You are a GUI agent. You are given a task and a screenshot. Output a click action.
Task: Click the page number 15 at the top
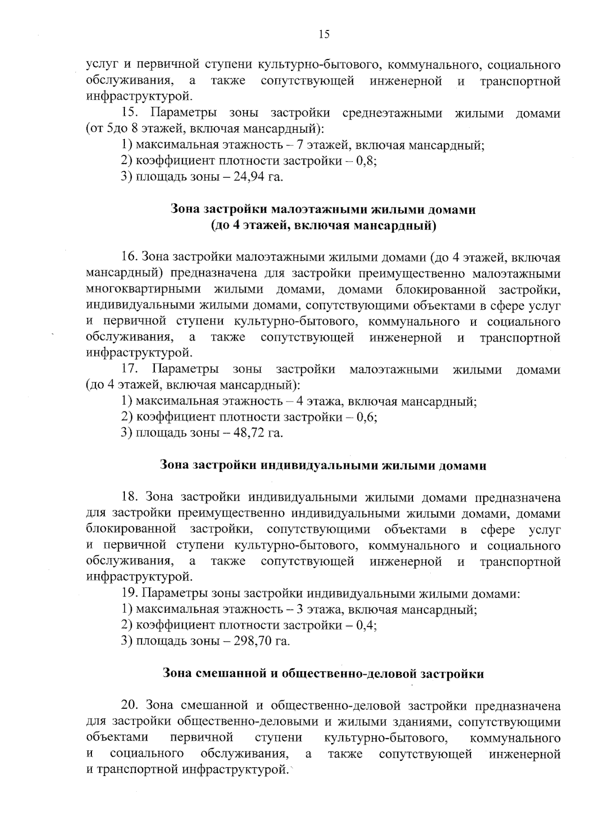324,34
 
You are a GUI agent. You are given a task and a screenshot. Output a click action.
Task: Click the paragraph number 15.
128,114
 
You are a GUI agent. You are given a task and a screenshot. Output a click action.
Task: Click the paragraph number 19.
129,594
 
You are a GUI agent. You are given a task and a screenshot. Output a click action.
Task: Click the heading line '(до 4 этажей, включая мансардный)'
323,226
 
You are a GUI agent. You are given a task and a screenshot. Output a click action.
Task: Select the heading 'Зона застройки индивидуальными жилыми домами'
323,465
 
